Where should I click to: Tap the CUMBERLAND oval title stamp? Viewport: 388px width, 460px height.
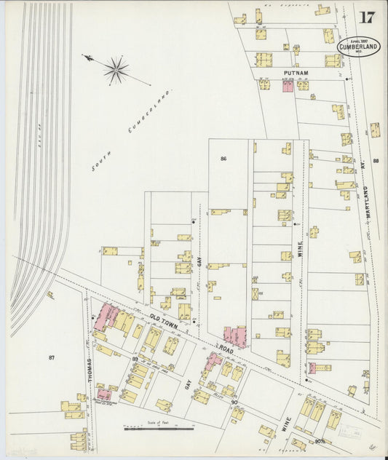[359, 47]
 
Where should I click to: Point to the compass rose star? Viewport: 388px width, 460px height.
[115, 70]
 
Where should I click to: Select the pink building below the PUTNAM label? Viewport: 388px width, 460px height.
[287, 86]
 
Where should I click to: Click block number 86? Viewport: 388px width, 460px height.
[223, 158]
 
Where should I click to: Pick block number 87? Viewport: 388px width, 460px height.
[52, 357]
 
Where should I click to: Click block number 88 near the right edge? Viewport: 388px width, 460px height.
[376, 161]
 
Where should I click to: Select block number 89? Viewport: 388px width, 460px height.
[135, 359]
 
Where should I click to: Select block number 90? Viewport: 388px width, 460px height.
[234, 402]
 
